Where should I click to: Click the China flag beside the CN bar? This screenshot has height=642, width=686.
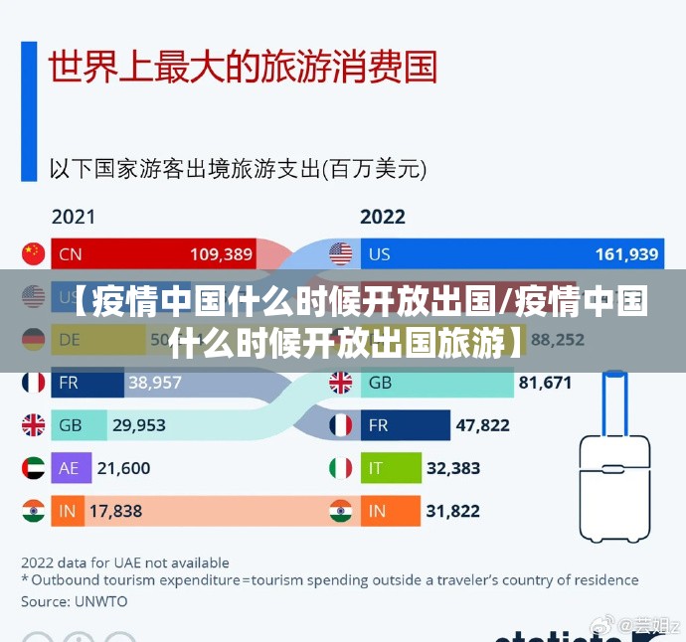coord(34,253)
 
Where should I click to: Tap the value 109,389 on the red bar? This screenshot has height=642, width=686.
coord(221,254)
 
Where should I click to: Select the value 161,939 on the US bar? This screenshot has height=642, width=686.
coord(626,254)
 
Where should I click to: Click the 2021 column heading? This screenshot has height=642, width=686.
coord(74,216)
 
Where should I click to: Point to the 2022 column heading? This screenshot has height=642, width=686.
coord(383,216)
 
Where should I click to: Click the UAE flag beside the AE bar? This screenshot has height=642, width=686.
coord(34,467)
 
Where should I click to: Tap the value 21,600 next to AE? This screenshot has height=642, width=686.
coord(124,467)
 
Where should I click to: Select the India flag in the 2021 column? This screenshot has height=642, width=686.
coord(34,511)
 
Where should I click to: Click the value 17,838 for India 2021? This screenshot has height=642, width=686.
coord(115,511)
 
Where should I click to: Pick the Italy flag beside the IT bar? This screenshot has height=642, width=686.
coord(341,467)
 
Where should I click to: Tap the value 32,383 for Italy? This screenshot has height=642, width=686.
coord(453,467)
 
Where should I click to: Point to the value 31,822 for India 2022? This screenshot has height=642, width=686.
coord(453,511)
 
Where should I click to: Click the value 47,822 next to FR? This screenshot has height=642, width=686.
coord(482,425)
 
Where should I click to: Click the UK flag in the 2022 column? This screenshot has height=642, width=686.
coord(341,382)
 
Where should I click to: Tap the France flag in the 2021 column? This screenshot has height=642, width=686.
coord(34,382)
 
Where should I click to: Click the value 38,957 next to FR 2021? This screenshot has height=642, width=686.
coord(155,382)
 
